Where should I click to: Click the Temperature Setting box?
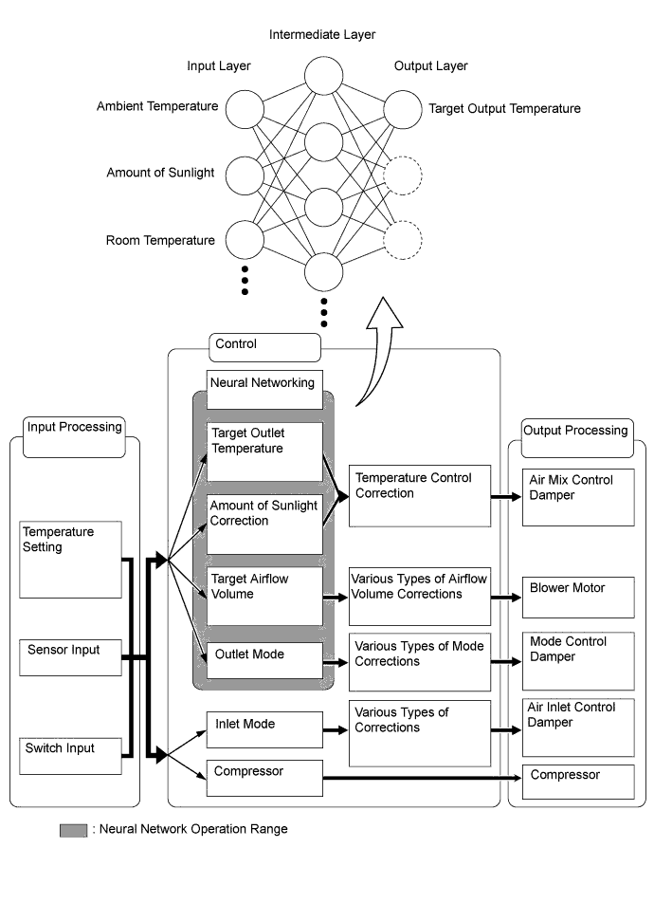pos(72,559)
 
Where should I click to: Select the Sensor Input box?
pos(72,660)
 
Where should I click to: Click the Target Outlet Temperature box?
pos(264,451)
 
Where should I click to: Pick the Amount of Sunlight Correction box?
pos(264,523)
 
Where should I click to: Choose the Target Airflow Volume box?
pos(264,596)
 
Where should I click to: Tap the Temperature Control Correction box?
pos(419,495)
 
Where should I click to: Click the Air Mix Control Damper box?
pos(578,495)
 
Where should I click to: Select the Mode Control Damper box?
pos(578,659)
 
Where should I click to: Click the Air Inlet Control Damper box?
pos(578,728)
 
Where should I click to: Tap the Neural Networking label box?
pos(264,389)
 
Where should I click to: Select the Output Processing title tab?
pos(576,436)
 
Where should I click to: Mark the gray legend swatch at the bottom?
pos(73,830)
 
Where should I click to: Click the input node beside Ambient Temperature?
pos(245,108)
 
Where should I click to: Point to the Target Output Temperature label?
pos(504,109)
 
